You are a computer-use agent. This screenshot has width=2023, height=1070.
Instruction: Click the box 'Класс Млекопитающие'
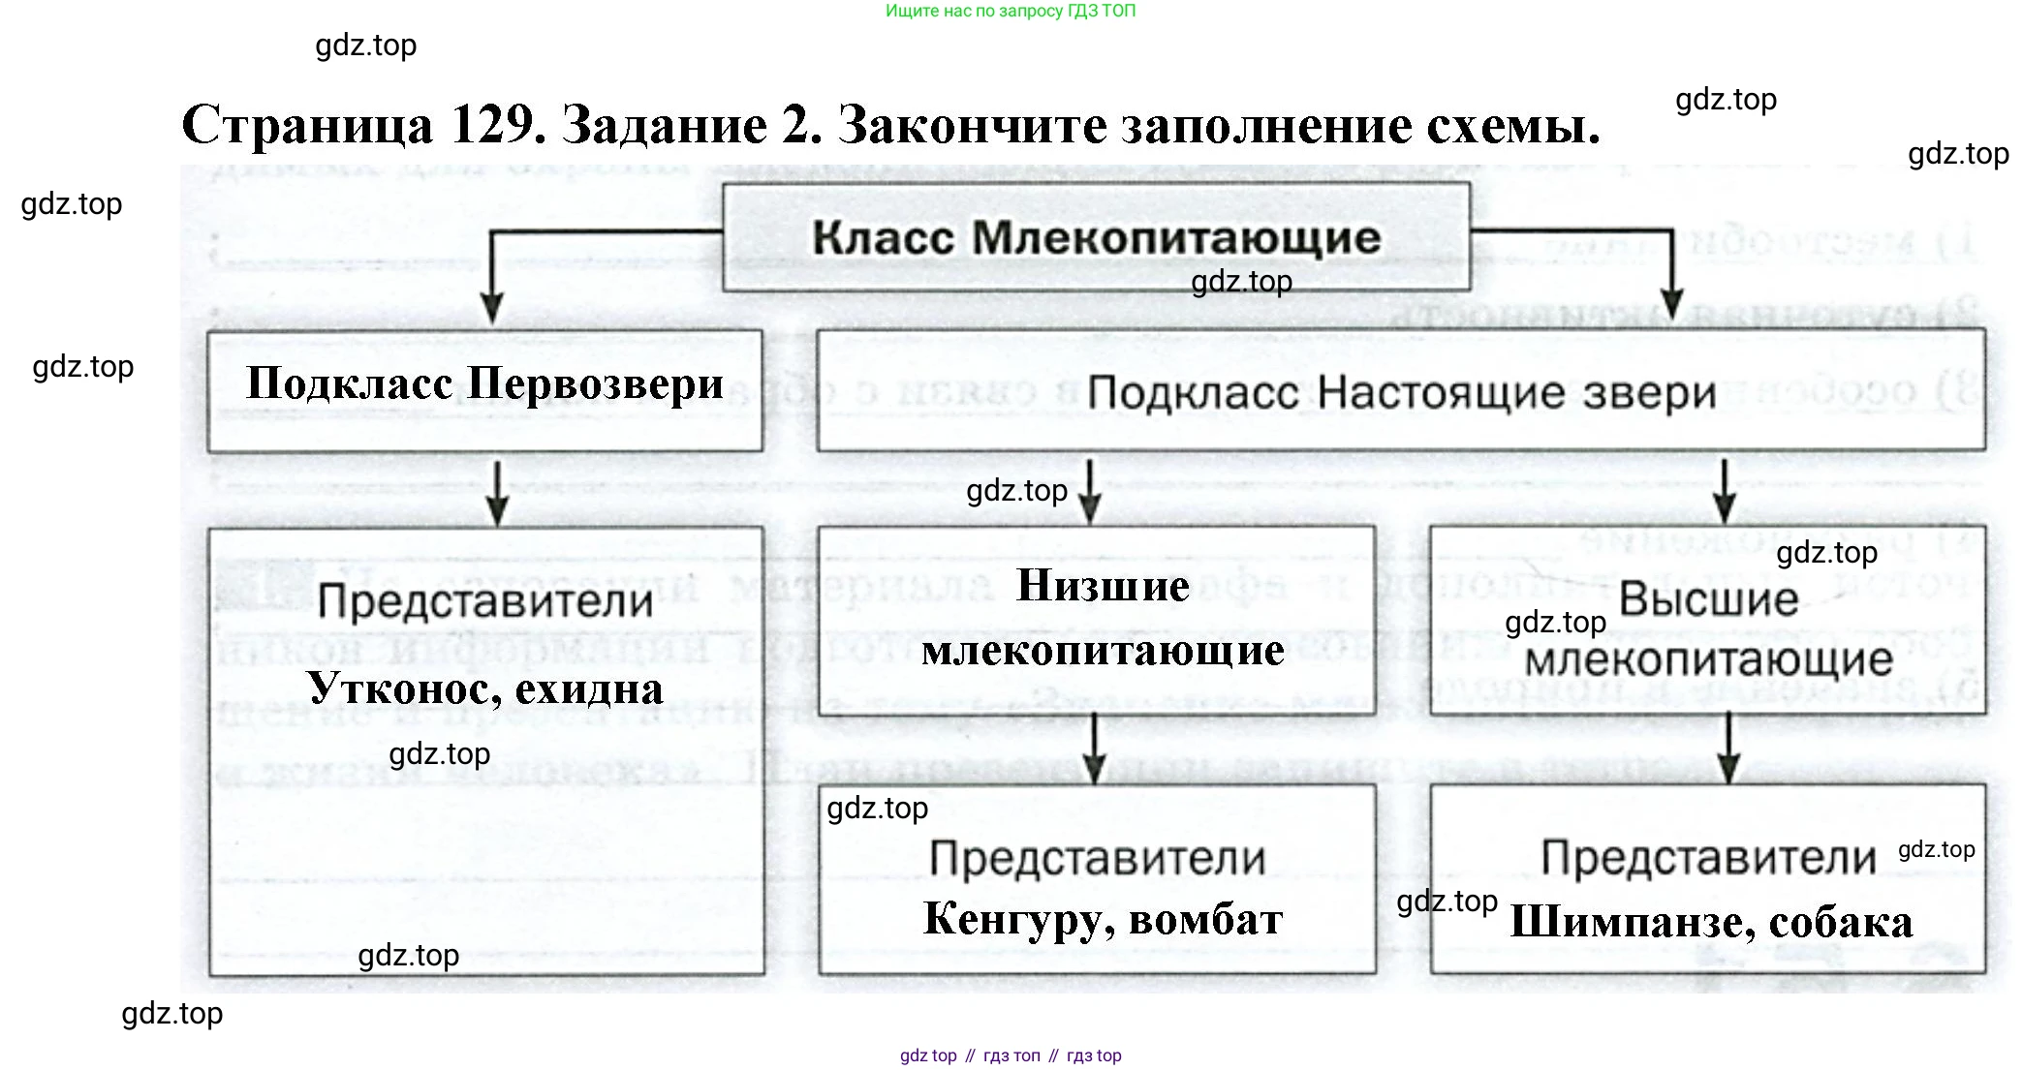(1096, 237)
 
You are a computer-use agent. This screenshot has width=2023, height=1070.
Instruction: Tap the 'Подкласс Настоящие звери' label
(1401, 392)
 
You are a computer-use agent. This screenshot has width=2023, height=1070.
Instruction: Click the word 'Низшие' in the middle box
(1103, 586)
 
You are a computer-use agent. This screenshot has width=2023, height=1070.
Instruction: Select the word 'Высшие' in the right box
(1708, 599)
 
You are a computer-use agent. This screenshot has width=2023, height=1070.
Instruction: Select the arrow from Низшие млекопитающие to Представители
(1095, 749)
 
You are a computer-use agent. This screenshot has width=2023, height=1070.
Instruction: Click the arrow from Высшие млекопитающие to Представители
(1728, 749)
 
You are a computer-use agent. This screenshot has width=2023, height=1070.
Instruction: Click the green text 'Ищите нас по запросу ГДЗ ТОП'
(1010, 12)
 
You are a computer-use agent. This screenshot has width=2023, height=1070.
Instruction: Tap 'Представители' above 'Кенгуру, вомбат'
(1097, 859)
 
